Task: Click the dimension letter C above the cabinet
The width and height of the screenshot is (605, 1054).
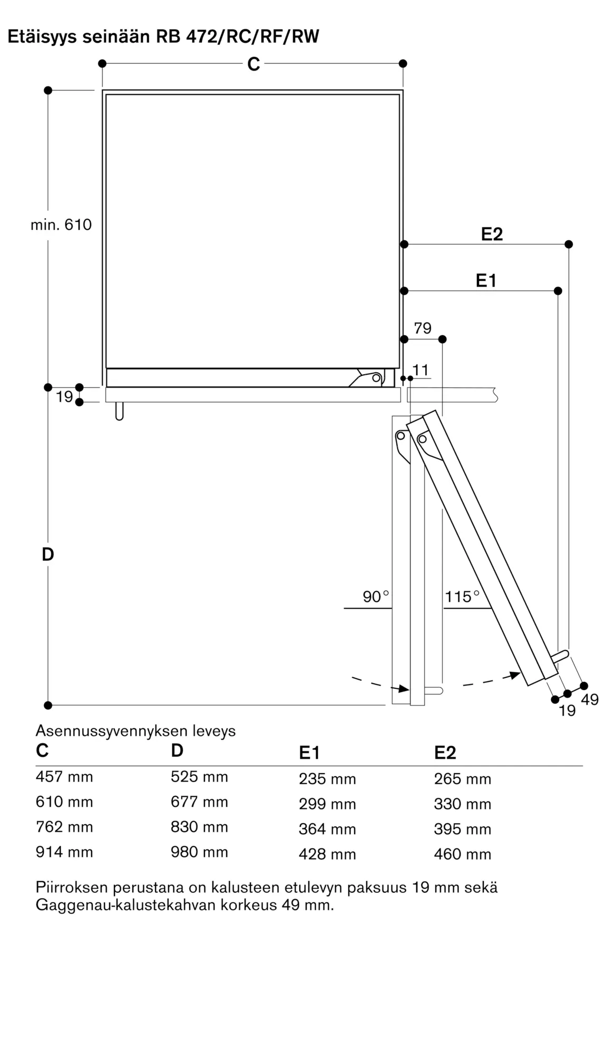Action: tap(253, 64)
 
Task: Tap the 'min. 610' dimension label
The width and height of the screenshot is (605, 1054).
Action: tap(61, 225)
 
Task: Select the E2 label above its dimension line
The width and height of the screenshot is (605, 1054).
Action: tap(492, 234)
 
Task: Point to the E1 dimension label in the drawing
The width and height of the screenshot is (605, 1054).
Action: tap(486, 281)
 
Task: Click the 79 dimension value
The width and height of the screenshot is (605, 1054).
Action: tap(423, 328)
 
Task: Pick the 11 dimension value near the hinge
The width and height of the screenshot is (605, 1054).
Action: tap(421, 370)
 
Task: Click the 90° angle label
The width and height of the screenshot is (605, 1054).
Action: tap(376, 597)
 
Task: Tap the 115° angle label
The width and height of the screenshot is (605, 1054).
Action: tap(462, 597)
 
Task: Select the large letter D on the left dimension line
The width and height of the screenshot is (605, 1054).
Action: tap(48, 554)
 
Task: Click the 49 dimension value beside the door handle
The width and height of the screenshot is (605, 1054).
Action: tap(590, 700)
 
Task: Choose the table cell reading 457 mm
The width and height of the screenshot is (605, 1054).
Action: tap(64, 777)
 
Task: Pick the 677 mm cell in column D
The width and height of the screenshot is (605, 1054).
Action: tap(199, 802)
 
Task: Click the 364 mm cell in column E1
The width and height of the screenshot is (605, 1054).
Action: tap(327, 829)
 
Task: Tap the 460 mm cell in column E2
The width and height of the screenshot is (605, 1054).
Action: tap(463, 854)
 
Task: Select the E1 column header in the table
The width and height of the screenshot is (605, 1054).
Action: tap(309, 753)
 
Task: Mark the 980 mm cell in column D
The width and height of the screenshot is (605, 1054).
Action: tap(199, 852)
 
